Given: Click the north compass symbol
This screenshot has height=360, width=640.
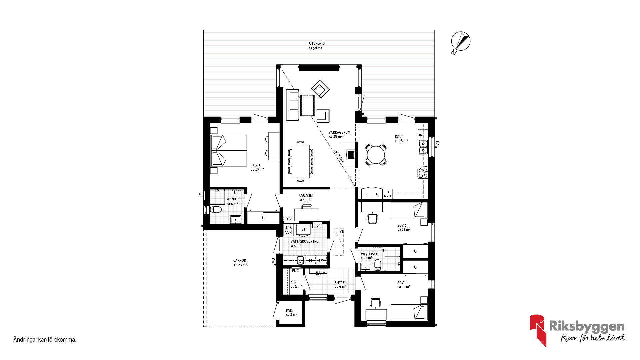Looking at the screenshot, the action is [x=461, y=42].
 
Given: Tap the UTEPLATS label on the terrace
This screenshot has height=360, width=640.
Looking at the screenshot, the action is [x=317, y=43].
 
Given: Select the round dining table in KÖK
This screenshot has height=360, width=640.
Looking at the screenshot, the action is [x=376, y=155].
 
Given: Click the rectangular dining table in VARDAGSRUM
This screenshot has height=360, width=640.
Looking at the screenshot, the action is [x=300, y=161].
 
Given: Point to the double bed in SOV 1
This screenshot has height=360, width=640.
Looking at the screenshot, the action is [x=229, y=150].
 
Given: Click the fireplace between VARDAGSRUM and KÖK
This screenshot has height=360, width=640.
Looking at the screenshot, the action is [x=351, y=155].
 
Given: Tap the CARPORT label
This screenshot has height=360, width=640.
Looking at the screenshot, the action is [x=240, y=260].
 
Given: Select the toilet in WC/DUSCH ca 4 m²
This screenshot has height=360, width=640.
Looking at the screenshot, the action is [x=216, y=209].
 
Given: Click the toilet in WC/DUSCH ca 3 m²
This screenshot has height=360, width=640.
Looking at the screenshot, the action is [x=378, y=265].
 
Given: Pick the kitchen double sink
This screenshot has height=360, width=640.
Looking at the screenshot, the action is [x=423, y=147].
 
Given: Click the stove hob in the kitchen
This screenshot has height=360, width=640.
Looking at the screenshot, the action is [x=423, y=173].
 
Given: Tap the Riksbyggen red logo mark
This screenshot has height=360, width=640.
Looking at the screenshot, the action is [x=538, y=330].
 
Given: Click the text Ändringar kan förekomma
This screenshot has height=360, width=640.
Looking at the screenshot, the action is [x=45, y=340].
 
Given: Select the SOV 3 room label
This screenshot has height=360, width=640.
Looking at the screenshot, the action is [x=402, y=283].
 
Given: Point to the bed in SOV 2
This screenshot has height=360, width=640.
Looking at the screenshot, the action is [x=409, y=210].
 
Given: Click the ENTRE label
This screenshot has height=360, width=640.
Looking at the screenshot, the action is [x=340, y=283].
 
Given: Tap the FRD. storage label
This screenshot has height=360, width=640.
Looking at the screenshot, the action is [x=289, y=311].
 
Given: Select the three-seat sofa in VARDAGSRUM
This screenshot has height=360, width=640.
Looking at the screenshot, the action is [x=292, y=105].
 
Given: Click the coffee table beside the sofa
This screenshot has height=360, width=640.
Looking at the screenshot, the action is [x=307, y=105].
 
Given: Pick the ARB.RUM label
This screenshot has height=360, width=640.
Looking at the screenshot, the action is [x=306, y=196].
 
